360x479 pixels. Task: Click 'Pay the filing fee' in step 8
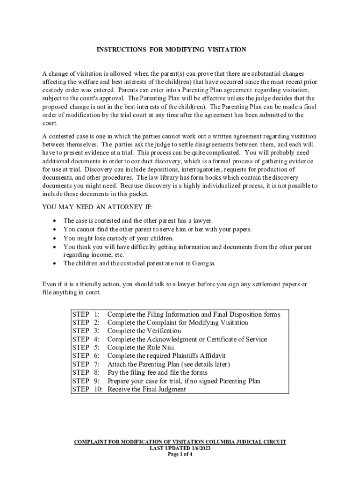click(x=134, y=372)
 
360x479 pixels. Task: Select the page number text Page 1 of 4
click(x=180, y=454)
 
